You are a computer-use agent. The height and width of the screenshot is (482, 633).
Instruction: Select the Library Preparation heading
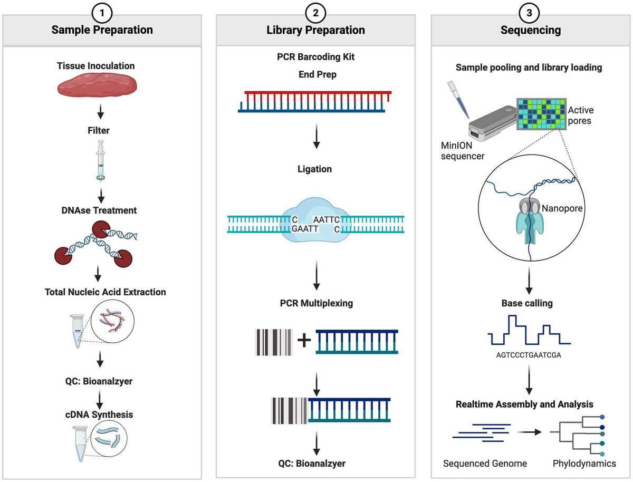[315, 30]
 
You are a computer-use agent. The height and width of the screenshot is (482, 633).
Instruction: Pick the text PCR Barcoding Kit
[315, 57]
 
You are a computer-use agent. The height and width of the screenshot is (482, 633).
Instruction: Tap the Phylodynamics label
[584, 464]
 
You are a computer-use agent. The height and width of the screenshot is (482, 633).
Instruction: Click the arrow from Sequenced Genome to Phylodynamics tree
[530, 432]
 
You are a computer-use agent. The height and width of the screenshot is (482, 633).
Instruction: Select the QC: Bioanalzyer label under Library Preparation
[315, 464]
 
